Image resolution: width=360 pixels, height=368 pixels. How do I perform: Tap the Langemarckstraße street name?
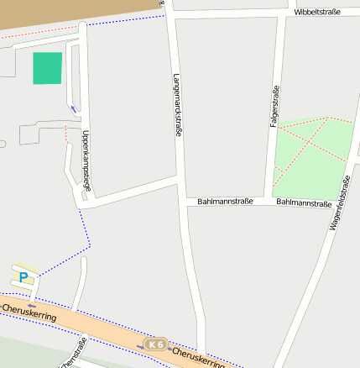(x=178, y=103)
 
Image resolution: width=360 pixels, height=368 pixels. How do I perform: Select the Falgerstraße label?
(x=274, y=107)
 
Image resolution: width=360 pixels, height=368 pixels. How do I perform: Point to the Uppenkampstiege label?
(x=86, y=160)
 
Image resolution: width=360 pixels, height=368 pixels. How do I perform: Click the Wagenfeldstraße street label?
(x=338, y=202)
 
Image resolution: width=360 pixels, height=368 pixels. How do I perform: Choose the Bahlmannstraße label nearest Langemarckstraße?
(x=226, y=202)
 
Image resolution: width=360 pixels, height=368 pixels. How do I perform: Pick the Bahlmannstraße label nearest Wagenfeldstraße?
(x=303, y=202)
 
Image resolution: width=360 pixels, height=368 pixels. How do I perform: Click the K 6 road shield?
(x=155, y=344)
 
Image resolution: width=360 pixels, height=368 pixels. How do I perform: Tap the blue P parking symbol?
(x=24, y=276)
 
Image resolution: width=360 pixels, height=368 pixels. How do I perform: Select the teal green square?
(x=48, y=68)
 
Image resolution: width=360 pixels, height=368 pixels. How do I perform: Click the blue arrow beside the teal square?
(x=74, y=108)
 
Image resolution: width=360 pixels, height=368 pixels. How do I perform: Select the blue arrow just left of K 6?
(x=141, y=345)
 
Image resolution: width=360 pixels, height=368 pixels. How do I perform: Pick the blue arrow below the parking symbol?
(x=31, y=306)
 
